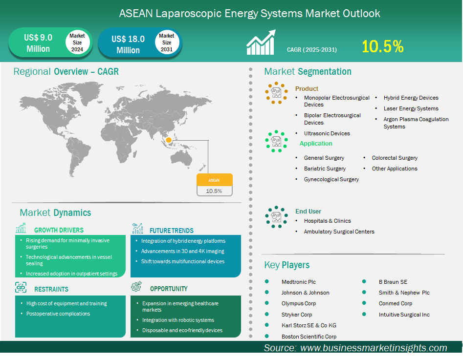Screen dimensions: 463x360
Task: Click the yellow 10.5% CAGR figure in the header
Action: [x=383, y=46]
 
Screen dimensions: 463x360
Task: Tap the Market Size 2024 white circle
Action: [x=77, y=42]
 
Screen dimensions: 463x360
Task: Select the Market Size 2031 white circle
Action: [x=167, y=42]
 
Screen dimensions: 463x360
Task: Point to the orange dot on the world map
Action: [x=169, y=140]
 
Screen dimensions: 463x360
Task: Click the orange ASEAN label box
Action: [x=215, y=180]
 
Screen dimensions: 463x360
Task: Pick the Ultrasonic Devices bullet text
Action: [x=327, y=133]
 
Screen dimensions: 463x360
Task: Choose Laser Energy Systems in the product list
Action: [x=411, y=108]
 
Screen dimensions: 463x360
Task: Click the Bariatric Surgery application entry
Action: [x=325, y=169]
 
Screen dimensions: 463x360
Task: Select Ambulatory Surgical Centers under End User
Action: [x=339, y=232]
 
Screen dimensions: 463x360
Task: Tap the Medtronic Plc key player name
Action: [x=299, y=282]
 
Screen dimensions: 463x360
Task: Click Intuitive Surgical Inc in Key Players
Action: [x=404, y=315]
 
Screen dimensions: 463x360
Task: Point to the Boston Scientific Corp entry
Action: [x=309, y=337]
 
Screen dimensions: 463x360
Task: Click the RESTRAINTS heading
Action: [x=51, y=289]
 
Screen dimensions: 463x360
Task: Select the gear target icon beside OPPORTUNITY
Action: [x=136, y=286]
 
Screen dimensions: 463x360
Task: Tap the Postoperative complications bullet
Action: [x=58, y=314]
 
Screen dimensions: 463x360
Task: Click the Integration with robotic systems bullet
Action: [x=178, y=320]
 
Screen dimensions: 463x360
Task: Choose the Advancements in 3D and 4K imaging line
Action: [x=182, y=251]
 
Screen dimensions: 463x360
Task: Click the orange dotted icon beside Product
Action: [x=276, y=93]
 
